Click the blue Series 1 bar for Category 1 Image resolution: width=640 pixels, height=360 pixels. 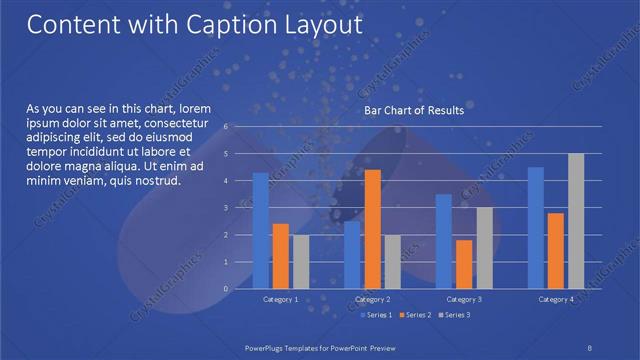tap(260, 231)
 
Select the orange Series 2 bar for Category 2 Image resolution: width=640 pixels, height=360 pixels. tap(372, 229)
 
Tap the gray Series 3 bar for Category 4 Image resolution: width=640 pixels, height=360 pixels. tap(575, 221)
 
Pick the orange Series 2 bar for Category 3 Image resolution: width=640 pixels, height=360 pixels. tap(463, 264)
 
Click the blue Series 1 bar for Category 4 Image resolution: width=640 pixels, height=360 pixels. tap(535, 228)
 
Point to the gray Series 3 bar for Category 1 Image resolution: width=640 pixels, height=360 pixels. tap(300, 262)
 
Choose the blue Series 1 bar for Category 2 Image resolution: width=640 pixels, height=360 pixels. tap(352, 255)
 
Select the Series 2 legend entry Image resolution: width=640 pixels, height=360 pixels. tap(415, 315)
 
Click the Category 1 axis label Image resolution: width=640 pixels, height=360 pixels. tap(280, 300)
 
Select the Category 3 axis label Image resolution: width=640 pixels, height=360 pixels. tap(463, 300)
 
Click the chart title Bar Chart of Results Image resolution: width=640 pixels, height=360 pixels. tap(413, 110)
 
